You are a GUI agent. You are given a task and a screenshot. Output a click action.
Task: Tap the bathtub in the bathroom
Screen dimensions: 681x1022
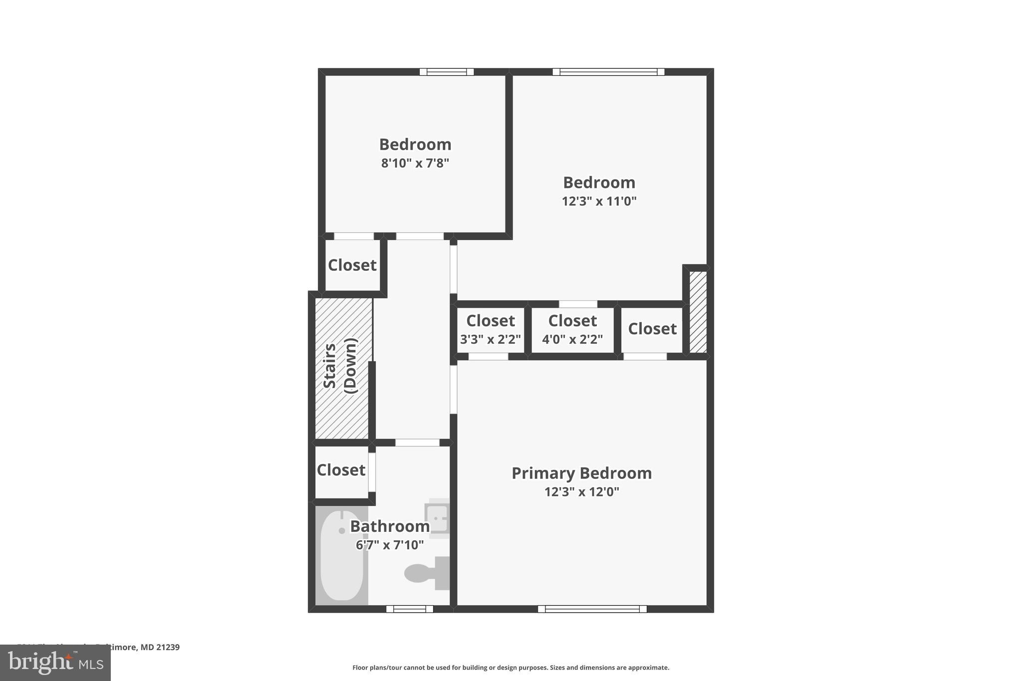coord(342,555)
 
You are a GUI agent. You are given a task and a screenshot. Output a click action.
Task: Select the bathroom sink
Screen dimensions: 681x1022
coord(438,518)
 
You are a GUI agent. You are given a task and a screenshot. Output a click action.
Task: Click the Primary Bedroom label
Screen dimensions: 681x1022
coord(581,473)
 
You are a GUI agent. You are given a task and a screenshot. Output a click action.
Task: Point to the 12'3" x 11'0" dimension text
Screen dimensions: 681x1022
coord(599,201)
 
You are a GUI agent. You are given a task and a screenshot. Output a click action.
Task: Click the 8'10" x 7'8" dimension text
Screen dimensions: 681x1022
coord(415,163)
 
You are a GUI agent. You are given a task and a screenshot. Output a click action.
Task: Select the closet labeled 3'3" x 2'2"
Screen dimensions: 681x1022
coord(490,330)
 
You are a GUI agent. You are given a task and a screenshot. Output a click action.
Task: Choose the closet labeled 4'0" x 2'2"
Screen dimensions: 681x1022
coord(572,330)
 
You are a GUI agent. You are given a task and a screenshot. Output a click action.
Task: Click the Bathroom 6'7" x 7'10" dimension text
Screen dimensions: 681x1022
coord(390,545)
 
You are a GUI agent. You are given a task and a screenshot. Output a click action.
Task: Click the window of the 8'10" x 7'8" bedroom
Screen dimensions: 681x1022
coord(446,72)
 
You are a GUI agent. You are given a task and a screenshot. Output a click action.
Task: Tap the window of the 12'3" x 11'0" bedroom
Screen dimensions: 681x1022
coord(608,72)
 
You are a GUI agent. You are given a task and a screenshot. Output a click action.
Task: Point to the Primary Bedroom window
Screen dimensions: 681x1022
coord(592,609)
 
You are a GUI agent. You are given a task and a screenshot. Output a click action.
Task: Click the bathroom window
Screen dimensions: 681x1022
coord(409,609)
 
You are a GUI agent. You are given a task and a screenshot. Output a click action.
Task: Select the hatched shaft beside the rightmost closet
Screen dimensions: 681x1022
coord(698,312)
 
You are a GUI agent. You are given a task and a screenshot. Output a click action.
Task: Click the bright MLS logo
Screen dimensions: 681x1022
coord(55,663)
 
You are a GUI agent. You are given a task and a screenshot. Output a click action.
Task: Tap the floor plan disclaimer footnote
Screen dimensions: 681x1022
coord(511,668)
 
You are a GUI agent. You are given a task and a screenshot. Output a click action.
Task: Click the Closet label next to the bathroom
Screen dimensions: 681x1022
coord(341,470)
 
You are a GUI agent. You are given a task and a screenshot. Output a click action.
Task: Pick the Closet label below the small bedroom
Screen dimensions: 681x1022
coord(352,265)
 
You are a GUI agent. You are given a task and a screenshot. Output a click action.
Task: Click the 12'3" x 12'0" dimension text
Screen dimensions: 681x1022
coord(581,492)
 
